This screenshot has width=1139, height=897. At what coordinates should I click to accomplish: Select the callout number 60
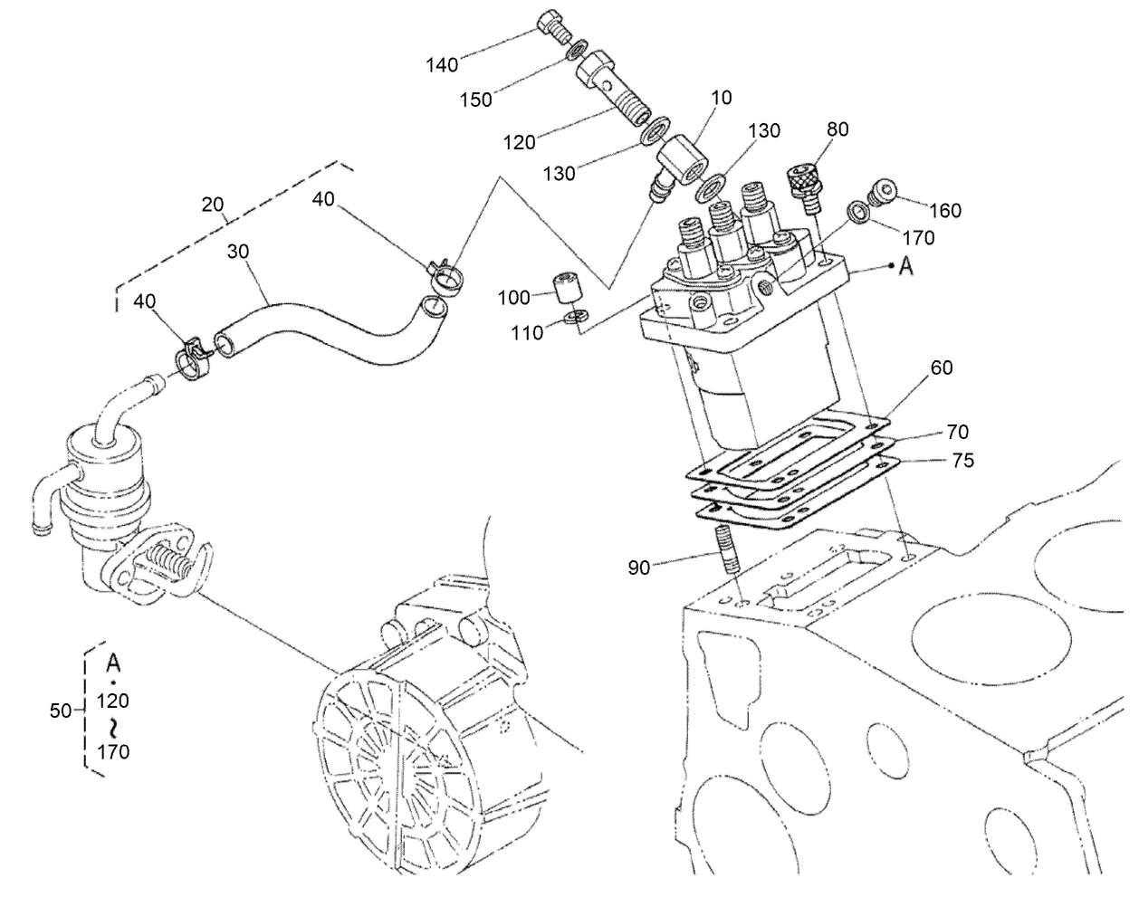942,367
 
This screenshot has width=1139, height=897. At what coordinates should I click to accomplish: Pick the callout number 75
963,461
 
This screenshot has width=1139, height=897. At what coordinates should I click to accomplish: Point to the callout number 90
639,568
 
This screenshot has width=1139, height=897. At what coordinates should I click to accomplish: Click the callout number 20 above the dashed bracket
213,205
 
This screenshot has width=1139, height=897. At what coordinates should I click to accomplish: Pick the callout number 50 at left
60,711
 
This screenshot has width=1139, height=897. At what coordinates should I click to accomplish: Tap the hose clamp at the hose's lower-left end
191,358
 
